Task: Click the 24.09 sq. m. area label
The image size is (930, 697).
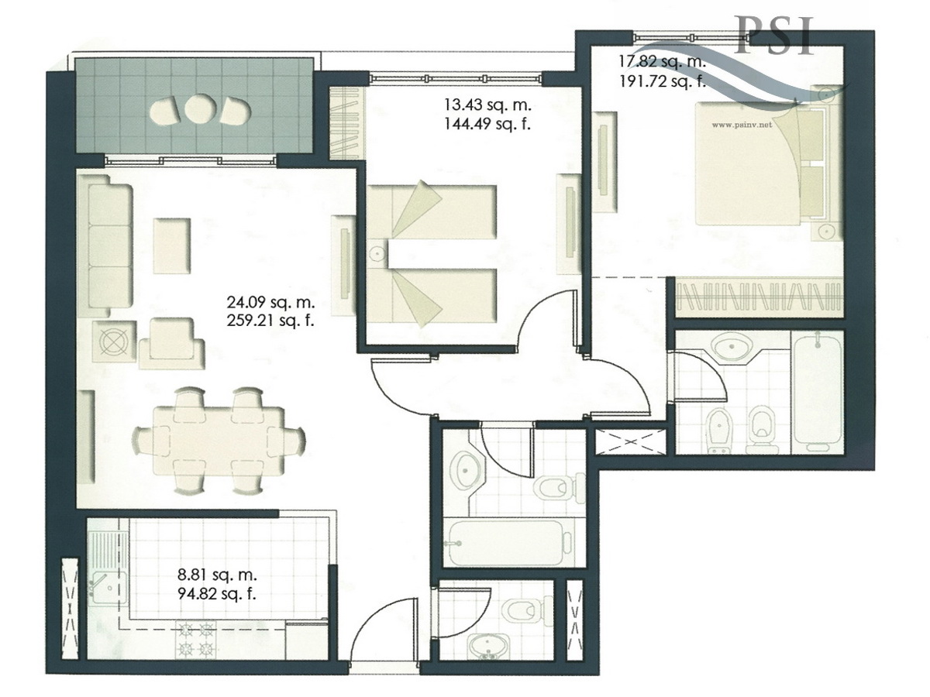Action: (x=270, y=303)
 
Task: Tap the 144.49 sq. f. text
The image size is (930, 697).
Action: (x=487, y=124)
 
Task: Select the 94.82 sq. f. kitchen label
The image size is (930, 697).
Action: (x=217, y=595)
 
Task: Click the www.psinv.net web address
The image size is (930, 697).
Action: (x=742, y=125)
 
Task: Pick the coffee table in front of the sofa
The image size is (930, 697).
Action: (x=171, y=245)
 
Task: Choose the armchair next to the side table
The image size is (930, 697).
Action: (x=171, y=338)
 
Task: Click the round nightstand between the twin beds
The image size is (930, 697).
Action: (x=377, y=253)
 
